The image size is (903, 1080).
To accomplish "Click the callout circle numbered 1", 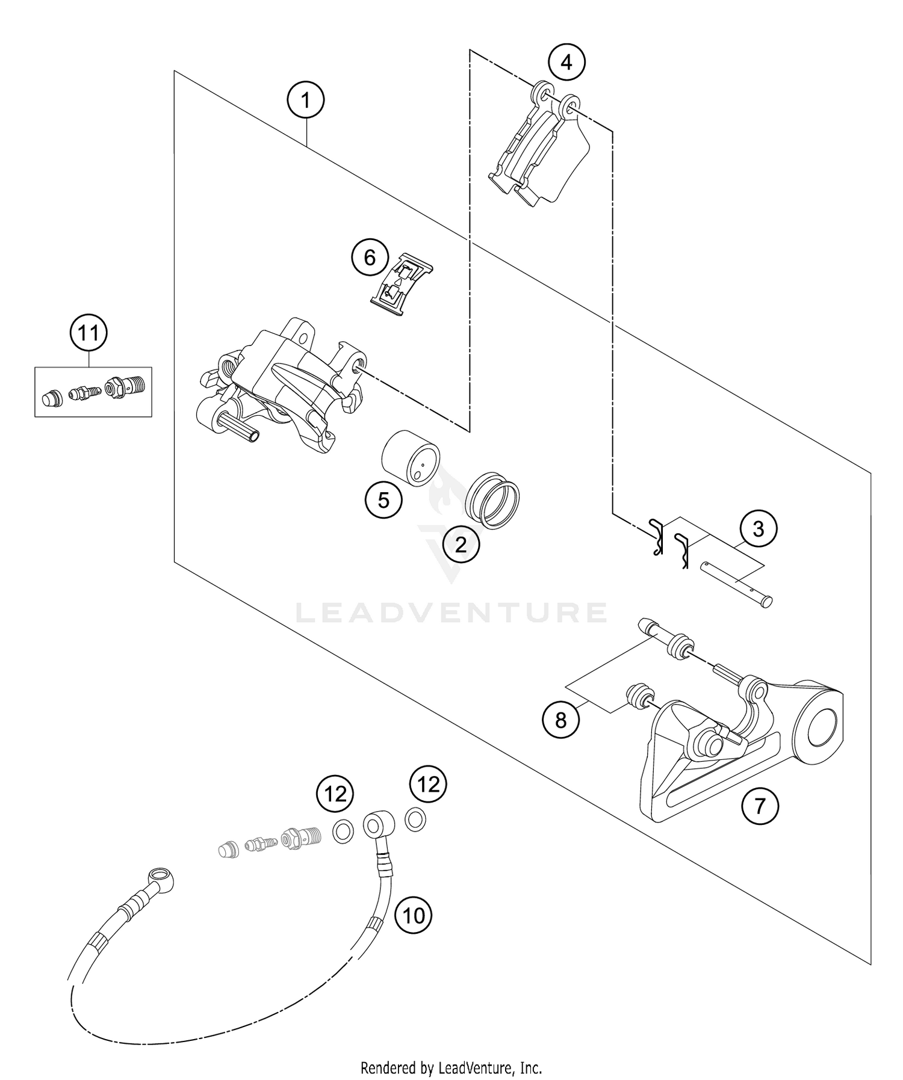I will pyautogui.click(x=306, y=100).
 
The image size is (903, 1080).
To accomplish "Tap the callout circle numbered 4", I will pyautogui.click(x=566, y=61).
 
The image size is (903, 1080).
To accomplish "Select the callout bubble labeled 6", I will pyautogui.click(x=370, y=258).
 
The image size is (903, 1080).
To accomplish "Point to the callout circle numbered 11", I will pyautogui.click(x=88, y=332).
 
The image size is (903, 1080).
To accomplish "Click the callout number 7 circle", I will pyautogui.click(x=760, y=805).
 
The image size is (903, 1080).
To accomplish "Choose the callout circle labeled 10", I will pyautogui.click(x=414, y=915).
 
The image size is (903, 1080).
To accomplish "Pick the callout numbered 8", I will pyautogui.click(x=560, y=720).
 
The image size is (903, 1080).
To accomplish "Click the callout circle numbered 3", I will pyautogui.click(x=758, y=529).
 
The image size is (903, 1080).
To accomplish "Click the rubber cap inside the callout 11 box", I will pyautogui.click(x=52, y=398).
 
